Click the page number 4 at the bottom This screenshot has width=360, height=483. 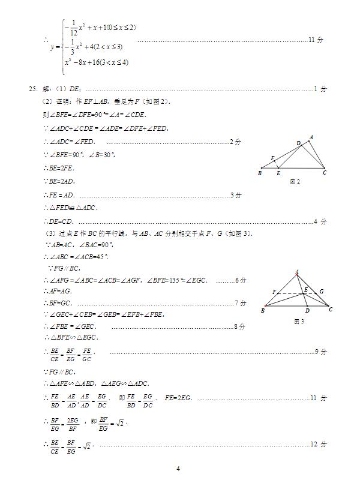click(178, 469)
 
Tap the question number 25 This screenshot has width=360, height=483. click(33, 89)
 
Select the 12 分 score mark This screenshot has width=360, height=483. click(319, 445)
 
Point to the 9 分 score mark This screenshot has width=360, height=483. click(321, 352)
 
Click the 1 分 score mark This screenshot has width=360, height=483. click(321, 89)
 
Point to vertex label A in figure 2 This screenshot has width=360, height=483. click(311, 137)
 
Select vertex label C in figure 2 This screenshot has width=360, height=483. click(325, 173)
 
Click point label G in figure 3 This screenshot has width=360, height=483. click(322, 292)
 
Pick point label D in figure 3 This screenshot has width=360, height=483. click(307, 311)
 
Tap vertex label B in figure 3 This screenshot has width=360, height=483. click(263, 311)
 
